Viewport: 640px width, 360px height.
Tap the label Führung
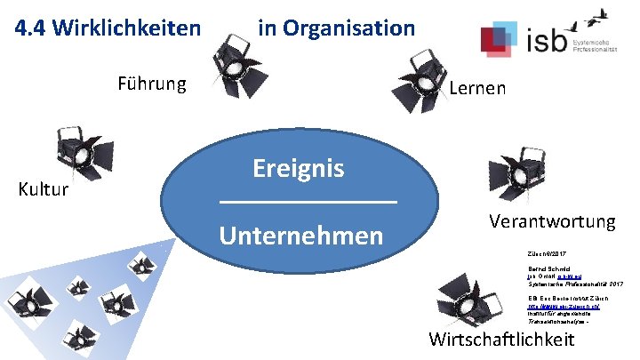153,84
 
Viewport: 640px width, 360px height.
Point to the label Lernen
478,88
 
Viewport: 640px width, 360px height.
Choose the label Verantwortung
552,221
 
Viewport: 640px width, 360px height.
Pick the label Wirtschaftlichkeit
502,339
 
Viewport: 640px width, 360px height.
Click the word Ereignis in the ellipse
299,168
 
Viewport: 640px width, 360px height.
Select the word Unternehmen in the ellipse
301,236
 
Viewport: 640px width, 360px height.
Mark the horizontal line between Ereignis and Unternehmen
308,204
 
